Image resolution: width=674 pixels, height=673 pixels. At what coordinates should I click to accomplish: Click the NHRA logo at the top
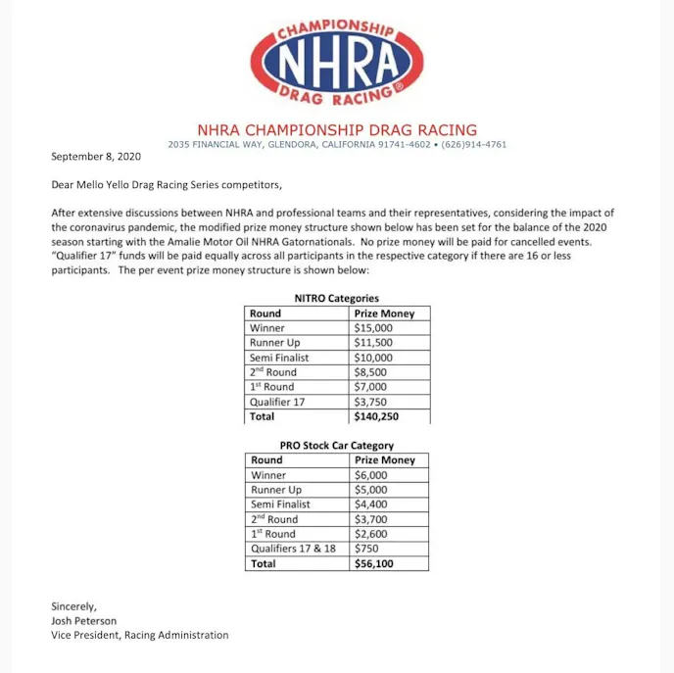pos(337,61)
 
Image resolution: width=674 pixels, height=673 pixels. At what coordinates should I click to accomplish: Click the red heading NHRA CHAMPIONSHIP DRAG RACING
pos(337,129)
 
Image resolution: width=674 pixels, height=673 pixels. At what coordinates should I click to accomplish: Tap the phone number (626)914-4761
pos(474,144)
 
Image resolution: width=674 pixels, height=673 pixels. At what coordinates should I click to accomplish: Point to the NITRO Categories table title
pos(336,298)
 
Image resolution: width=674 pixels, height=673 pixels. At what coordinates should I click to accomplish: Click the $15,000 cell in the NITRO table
pos(373,328)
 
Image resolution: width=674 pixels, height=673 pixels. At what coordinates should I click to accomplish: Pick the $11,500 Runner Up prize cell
pos(373,343)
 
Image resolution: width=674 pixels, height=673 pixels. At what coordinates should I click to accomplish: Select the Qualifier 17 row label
pos(278,402)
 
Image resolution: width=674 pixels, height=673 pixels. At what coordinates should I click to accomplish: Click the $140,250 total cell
pos(376,416)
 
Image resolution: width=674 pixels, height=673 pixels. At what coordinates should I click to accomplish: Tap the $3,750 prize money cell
pos(370,402)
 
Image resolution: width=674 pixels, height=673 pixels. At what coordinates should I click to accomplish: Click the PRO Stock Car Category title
pos(336,445)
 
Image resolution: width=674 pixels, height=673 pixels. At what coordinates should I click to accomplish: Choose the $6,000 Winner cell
pos(370,475)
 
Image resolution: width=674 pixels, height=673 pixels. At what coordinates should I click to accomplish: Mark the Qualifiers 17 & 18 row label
pos(293,549)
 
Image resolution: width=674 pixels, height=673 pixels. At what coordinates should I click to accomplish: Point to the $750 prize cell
pos(366,549)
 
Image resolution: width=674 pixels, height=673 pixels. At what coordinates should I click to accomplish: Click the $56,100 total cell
pos(373,563)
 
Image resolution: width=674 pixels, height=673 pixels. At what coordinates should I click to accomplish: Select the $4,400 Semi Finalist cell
pos(370,505)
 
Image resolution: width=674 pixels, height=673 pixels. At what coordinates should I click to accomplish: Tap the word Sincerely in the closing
pos(74,606)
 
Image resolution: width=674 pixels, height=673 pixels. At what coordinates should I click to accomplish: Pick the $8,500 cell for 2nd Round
pos(370,372)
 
